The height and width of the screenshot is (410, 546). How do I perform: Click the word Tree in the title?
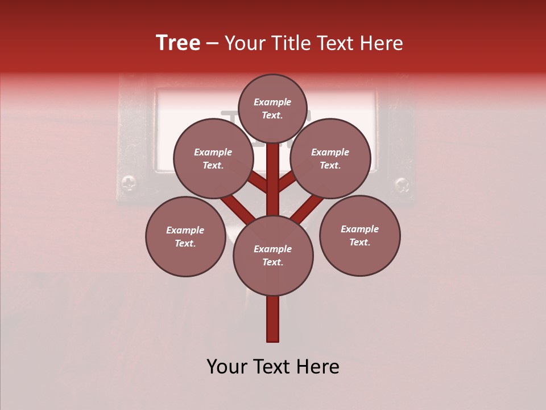(x=178, y=43)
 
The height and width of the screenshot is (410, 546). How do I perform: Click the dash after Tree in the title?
(x=212, y=43)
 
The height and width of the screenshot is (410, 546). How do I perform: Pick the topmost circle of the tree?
(x=272, y=108)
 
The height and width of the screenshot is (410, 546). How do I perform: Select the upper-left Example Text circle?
(x=213, y=158)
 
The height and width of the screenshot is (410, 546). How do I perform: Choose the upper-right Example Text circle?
(x=330, y=158)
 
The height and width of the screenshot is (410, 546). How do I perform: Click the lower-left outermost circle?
(x=185, y=236)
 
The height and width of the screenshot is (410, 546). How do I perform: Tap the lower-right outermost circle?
(x=359, y=235)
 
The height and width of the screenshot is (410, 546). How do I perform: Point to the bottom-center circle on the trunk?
(x=273, y=255)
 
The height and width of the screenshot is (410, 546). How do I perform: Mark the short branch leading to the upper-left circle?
(x=258, y=182)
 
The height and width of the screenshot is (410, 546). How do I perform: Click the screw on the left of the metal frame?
(x=129, y=183)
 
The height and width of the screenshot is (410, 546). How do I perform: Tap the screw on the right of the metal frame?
(x=402, y=184)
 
